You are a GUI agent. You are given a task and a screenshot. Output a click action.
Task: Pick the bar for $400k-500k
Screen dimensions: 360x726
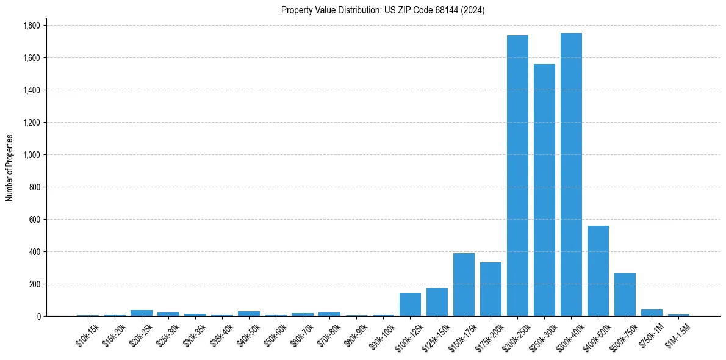598,271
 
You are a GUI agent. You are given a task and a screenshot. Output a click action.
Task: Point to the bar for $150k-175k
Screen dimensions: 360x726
464,284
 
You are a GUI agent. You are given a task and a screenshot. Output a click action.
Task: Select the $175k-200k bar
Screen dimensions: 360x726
491,289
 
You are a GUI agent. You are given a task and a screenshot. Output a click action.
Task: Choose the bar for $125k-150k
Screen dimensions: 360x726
437,302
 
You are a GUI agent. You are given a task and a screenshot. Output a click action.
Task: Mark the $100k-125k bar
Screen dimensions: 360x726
410,304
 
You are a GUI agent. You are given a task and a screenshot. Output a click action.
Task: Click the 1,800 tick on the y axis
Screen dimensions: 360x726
32,26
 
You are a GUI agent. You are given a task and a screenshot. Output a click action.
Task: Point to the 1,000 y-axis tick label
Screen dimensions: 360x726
32,155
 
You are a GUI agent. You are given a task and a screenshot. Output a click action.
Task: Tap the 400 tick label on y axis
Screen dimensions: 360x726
35,252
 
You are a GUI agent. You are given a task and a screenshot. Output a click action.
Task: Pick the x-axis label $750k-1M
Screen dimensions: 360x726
651,335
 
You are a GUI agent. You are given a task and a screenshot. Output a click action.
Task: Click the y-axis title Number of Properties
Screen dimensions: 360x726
9,168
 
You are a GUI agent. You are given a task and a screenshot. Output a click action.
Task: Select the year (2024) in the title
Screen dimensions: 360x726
473,10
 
